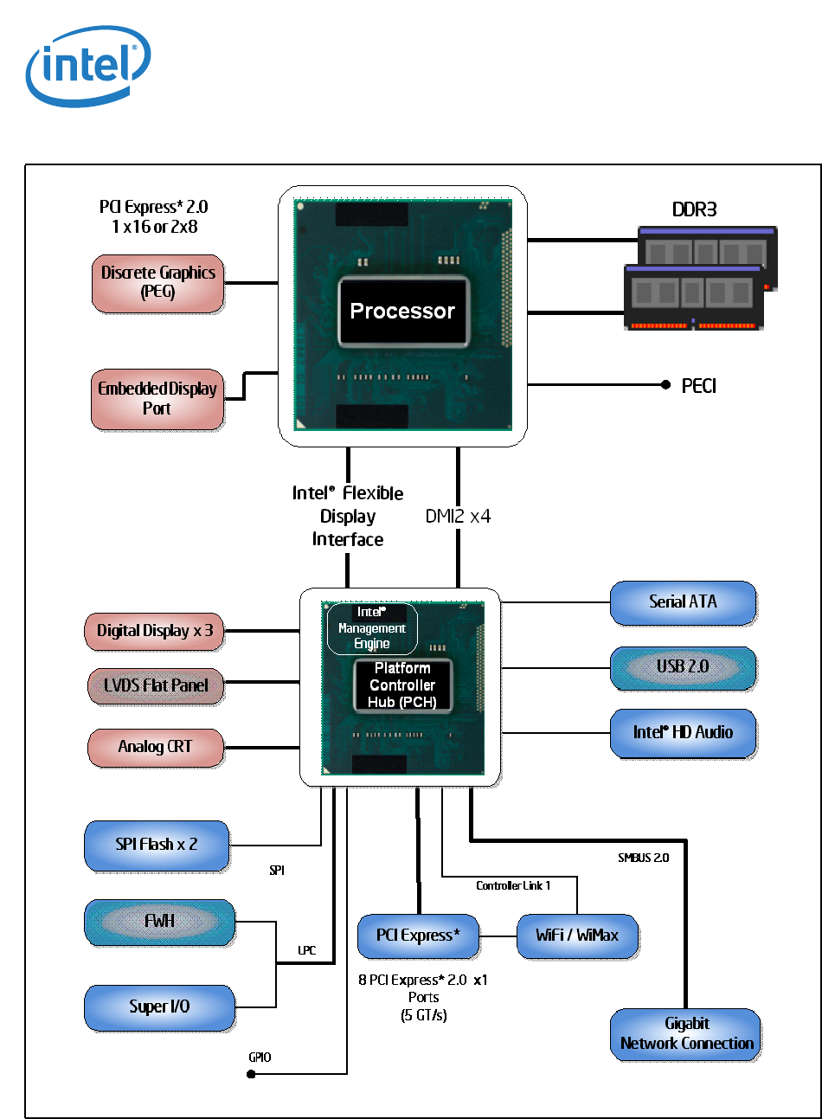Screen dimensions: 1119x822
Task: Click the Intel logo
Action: (88, 66)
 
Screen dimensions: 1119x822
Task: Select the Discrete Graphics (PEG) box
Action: (157, 283)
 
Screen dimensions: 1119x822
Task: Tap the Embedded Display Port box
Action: (157, 399)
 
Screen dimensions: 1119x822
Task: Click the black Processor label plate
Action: (403, 312)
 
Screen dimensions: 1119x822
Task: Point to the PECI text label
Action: (698, 386)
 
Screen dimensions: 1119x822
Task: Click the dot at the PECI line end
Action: (665, 384)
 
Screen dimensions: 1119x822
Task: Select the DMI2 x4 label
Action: (458, 517)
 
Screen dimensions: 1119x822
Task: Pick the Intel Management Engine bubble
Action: (372, 628)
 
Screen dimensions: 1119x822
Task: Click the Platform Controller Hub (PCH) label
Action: (402, 685)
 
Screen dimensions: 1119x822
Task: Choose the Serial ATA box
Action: (683, 602)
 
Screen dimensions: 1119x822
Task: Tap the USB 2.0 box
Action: (683, 667)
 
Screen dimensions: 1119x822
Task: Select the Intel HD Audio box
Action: (683, 733)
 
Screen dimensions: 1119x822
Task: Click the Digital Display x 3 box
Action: (154, 631)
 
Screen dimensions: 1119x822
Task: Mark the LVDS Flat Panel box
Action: (156, 685)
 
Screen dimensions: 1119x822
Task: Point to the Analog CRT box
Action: (156, 747)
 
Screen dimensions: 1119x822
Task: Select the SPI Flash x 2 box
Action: (157, 845)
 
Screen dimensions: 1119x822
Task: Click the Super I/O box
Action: (159, 1007)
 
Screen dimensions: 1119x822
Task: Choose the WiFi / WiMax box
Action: (577, 936)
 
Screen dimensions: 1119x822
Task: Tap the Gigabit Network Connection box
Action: (686, 1034)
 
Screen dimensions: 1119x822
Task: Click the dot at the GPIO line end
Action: (251, 1074)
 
